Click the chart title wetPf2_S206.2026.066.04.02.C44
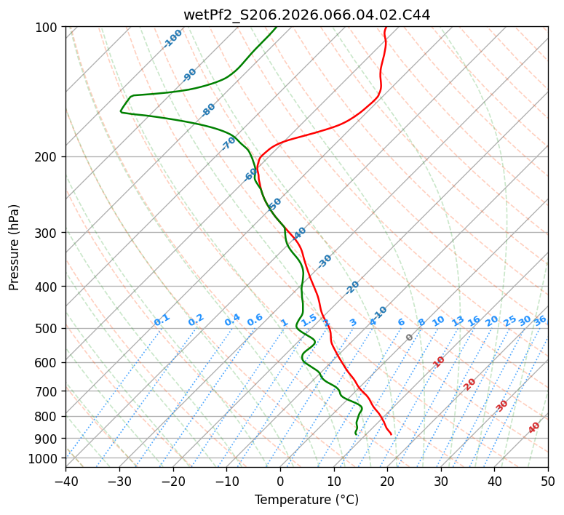coord(306,15)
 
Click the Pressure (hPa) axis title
coord(15,247)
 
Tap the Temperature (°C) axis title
coord(306,500)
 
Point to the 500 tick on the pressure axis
coord(47,329)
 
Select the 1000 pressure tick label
coord(44,458)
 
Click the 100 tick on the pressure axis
coord(47,28)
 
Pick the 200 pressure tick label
coord(47,157)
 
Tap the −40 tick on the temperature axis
coord(65,481)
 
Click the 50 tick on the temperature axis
coord(548,481)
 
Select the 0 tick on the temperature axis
coord(280,481)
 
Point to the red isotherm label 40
coord(534,428)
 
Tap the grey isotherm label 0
coord(410,338)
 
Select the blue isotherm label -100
coord(172,39)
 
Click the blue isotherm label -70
coord(229,143)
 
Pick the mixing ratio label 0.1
coord(162,319)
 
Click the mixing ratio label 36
coord(540,320)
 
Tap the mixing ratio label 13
coord(458,321)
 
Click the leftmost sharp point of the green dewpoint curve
coord(121,111)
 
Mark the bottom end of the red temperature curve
coord(392,434)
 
